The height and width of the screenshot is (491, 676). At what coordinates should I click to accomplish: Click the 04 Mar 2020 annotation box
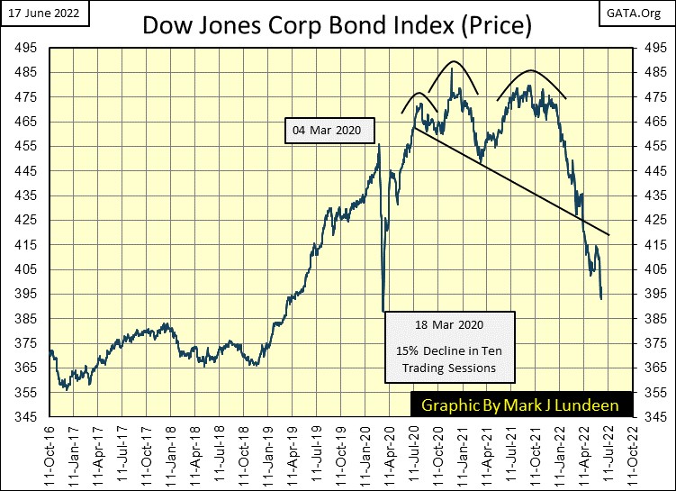pyautogui.click(x=327, y=131)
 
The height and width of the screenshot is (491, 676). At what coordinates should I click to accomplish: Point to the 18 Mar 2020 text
pyautogui.click(x=450, y=324)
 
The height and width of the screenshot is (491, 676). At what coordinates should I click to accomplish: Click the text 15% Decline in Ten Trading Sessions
pyautogui.click(x=450, y=359)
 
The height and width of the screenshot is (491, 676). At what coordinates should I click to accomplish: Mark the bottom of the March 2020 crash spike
pyautogui.click(x=383, y=310)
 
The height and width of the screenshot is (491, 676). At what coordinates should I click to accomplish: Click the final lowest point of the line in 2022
pyautogui.click(x=601, y=298)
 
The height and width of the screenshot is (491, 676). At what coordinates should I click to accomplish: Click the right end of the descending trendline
pyautogui.click(x=610, y=235)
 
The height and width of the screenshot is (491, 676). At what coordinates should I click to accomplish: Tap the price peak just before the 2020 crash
pyautogui.click(x=379, y=144)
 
